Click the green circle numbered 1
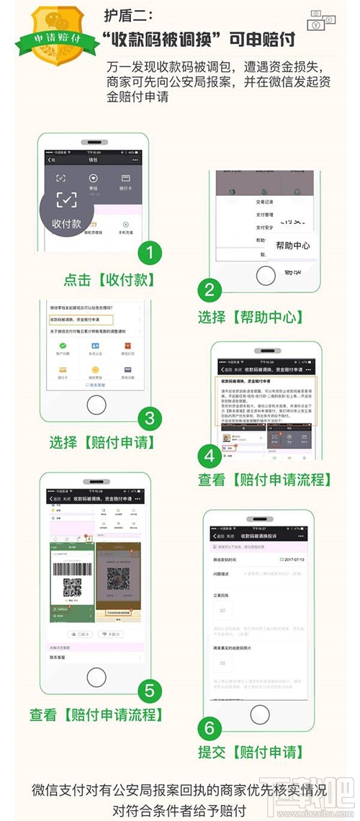click(150, 254)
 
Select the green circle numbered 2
click(210, 290)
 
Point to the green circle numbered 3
click(150, 418)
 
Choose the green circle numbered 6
click(210, 727)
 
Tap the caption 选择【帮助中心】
click(251, 316)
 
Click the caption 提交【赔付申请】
click(251, 753)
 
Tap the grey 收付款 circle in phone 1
click(66, 210)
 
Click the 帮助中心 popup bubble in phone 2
click(292, 246)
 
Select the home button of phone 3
click(96, 405)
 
